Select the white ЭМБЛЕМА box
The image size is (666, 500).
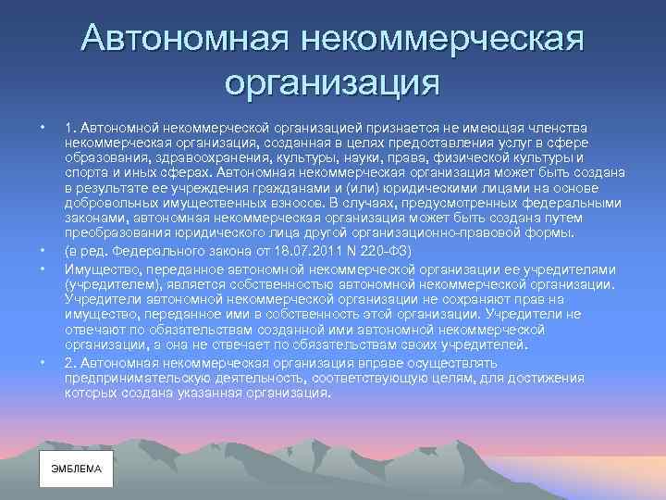(x=76, y=469)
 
